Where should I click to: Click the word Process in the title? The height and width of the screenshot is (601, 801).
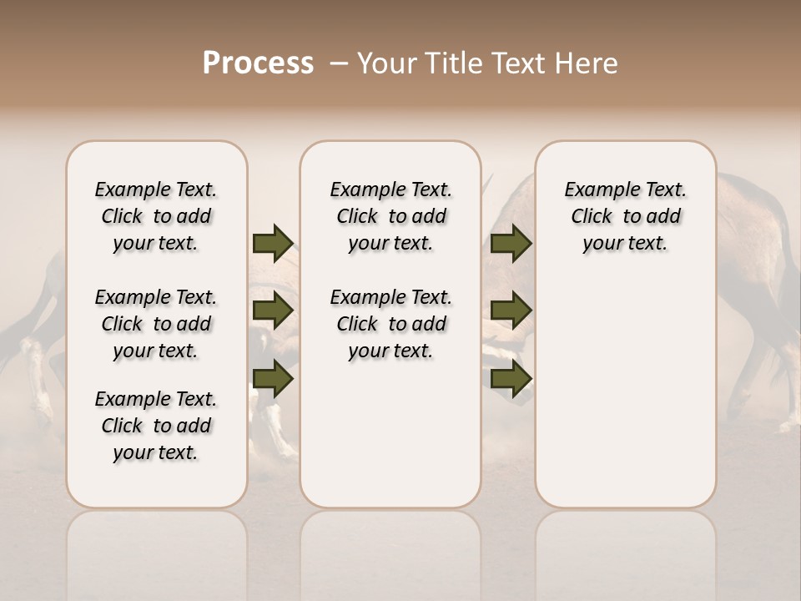point(258,63)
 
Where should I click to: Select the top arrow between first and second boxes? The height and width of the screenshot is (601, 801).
point(273,244)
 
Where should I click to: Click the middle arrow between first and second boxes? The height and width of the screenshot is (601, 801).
point(273,311)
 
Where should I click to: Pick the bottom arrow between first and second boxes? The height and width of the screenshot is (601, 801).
point(273,379)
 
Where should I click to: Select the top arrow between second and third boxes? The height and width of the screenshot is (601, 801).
point(511,244)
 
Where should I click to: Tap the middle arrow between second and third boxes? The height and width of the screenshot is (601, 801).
point(511,311)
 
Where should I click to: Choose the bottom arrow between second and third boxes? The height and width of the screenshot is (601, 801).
point(511,379)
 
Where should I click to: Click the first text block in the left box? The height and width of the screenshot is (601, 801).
point(156,216)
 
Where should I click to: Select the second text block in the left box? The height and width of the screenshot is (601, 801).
point(156,324)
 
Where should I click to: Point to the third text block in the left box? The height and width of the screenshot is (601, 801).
point(156,426)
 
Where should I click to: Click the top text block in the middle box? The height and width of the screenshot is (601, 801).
point(390,216)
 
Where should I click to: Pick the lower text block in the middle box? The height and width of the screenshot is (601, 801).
point(390,324)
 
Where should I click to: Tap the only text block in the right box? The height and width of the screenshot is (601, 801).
point(625,216)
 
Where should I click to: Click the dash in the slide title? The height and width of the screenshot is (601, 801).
point(339,63)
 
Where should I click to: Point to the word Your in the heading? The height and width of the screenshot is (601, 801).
point(386,63)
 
